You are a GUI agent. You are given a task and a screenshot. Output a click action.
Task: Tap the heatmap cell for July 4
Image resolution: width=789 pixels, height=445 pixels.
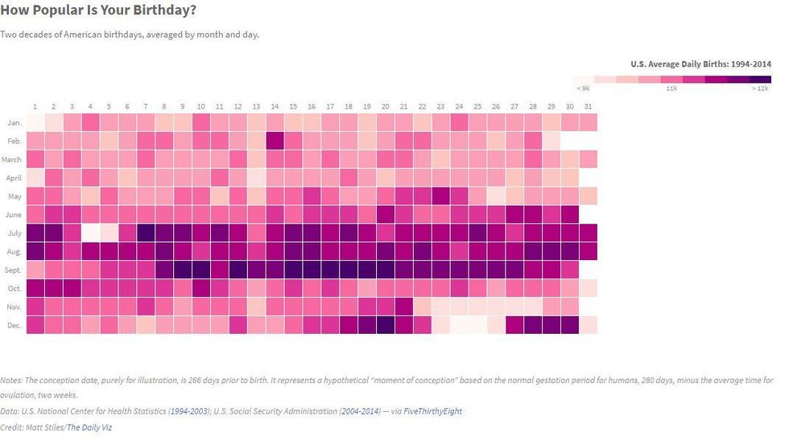(90, 233)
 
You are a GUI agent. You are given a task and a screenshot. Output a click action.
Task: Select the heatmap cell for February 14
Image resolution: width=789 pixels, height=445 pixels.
(275, 140)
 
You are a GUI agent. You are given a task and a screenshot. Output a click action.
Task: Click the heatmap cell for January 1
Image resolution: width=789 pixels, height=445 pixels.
(35, 122)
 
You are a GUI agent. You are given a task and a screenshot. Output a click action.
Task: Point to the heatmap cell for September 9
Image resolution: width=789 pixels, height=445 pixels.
(183, 270)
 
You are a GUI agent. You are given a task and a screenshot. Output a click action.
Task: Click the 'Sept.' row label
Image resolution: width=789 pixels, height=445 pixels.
(12, 270)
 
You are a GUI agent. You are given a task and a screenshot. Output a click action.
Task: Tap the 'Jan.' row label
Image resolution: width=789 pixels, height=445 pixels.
(14, 123)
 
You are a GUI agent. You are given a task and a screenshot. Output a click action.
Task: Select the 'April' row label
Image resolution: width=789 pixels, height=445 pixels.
(13, 178)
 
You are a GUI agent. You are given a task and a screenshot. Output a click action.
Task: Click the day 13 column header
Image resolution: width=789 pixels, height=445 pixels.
(256, 106)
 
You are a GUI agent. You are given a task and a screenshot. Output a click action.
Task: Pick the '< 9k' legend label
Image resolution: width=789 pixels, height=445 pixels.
(582, 88)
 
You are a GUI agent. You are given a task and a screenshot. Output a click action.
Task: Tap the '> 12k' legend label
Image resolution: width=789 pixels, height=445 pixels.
(760, 88)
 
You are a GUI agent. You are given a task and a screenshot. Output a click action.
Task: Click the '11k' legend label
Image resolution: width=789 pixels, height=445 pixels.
(671, 88)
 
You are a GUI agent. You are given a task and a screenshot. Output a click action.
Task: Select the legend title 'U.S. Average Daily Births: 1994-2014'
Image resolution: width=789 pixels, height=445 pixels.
(700, 64)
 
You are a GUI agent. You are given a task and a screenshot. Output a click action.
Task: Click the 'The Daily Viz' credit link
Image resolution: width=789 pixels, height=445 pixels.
(89, 427)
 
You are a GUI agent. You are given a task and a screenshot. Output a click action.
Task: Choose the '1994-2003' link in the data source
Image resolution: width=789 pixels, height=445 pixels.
(189, 411)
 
